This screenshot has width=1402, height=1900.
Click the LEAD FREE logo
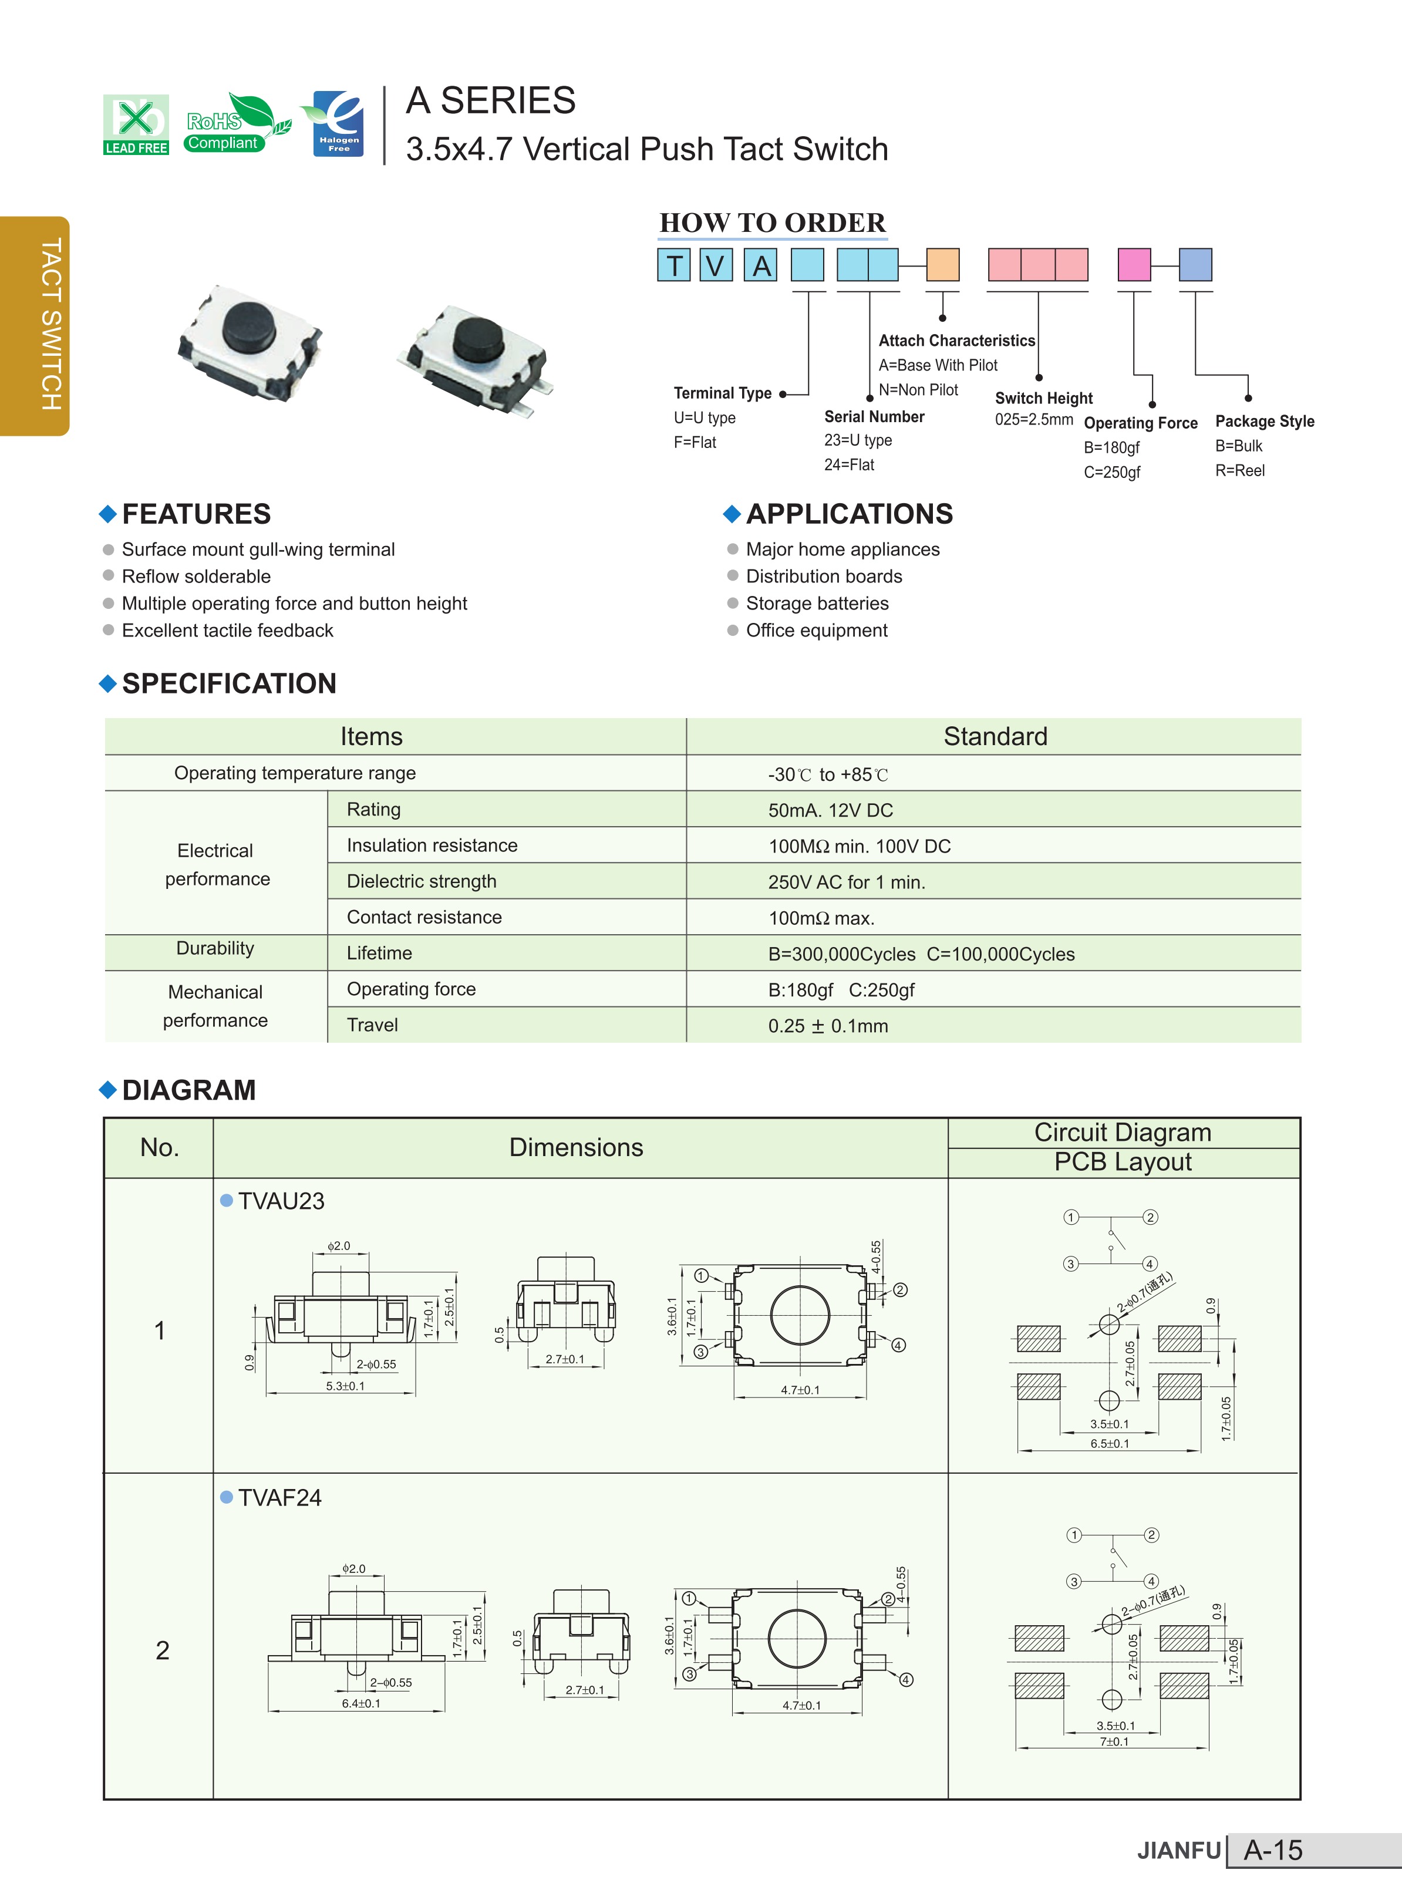click(x=136, y=124)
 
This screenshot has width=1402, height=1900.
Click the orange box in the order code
click(x=942, y=265)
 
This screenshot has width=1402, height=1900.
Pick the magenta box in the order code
click(x=1134, y=265)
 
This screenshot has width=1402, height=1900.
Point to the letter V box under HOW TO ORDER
click(x=716, y=265)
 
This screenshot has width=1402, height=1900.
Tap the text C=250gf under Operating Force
click(x=1112, y=472)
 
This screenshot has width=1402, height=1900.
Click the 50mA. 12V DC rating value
click(x=830, y=810)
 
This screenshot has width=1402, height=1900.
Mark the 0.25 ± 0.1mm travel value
click(x=827, y=1026)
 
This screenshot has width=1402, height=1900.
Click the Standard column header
click(x=995, y=737)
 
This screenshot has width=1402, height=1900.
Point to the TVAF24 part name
click(x=279, y=1498)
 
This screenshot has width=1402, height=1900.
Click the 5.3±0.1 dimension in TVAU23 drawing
click(x=345, y=1386)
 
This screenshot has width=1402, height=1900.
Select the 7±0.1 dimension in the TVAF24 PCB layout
click(x=1114, y=1741)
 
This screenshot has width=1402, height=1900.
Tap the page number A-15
click(x=1272, y=1850)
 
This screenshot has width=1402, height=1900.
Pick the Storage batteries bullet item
click(x=817, y=604)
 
